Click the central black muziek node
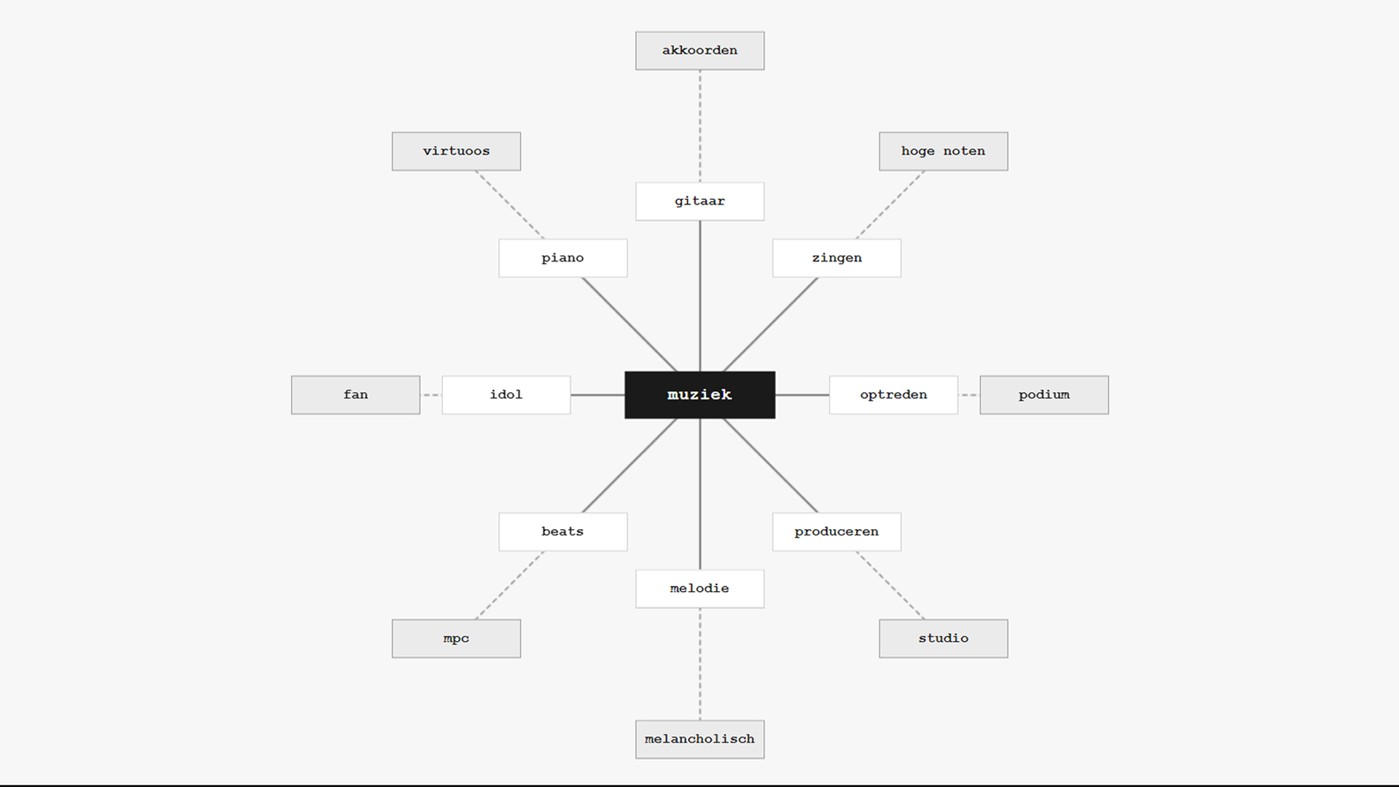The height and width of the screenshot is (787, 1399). pyautogui.click(x=699, y=395)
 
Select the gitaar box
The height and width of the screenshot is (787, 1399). pyautogui.click(x=699, y=201)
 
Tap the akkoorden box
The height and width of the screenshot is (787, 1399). pyautogui.click(x=699, y=50)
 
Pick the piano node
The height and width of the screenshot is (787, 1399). pyautogui.click(x=563, y=258)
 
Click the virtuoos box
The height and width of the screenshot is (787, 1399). pyautogui.click(x=456, y=152)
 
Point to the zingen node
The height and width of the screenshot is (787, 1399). pyautogui.click(x=836, y=258)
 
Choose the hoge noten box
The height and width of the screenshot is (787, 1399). pyautogui.click(x=944, y=152)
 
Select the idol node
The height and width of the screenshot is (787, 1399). pyautogui.click(x=506, y=395)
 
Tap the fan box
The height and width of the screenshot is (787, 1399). pyautogui.click(x=356, y=395)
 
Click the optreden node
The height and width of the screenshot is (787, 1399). pyautogui.click(x=893, y=395)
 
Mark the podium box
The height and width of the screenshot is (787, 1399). pyautogui.click(x=1044, y=395)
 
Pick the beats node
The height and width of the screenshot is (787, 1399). pyautogui.click(x=563, y=532)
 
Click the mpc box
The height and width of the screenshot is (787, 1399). pyautogui.click(x=456, y=638)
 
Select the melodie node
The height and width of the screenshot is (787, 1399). pyautogui.click(x=699, y=589)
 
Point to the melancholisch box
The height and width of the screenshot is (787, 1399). pyautogui.click(x=699, y=740)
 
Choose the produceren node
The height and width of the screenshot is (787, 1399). pyautogui.click(x=836, y=532)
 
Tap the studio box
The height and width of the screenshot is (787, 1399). pyautogui.click(x=944, y=638)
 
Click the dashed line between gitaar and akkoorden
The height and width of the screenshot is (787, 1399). pyautogui.click(x=700, y=126)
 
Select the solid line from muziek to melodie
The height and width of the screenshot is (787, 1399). pyautogui.click(x=700, y=494)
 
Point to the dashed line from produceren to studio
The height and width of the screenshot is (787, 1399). pyautogui.click(x=890, y=585)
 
